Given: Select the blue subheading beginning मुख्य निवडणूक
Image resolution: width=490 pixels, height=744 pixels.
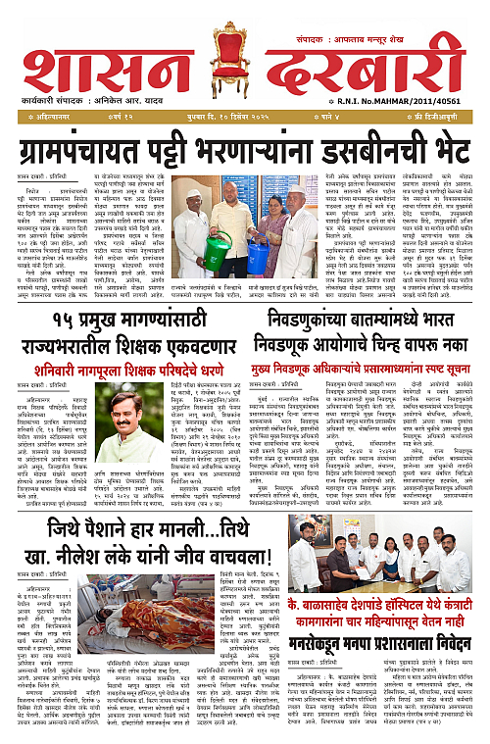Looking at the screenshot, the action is coord(363,370).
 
